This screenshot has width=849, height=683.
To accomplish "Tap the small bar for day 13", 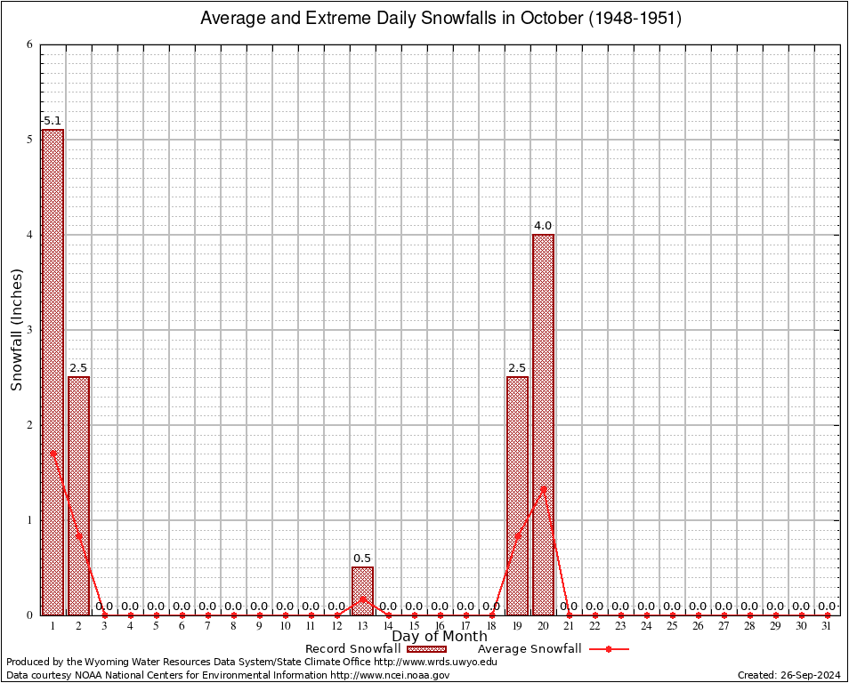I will (362, 591).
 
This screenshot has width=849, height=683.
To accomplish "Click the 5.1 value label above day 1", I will (53, 121).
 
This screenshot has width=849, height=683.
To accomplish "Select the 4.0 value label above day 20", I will (543, 226).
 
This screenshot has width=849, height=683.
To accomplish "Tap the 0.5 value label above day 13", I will (362, 558).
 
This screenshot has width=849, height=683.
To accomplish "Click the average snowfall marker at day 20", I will (543, 487).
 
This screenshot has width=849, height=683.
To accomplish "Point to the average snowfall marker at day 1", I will (53, 453).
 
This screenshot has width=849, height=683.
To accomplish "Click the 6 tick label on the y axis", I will (29, 44).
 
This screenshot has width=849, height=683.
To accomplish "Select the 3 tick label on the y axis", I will (29, 330).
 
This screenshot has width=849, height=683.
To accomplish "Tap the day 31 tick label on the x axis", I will (828, 626).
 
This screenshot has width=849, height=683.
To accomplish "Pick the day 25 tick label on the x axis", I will (672, 626).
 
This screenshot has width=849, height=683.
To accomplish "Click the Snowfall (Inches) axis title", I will (16, 330).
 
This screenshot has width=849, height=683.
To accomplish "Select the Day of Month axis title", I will (440, 636).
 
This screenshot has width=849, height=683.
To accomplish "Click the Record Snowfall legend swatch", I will (427, 649).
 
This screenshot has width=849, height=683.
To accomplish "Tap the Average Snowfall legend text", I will (530, 649).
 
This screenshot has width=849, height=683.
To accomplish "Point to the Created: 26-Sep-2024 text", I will (789, 675).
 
